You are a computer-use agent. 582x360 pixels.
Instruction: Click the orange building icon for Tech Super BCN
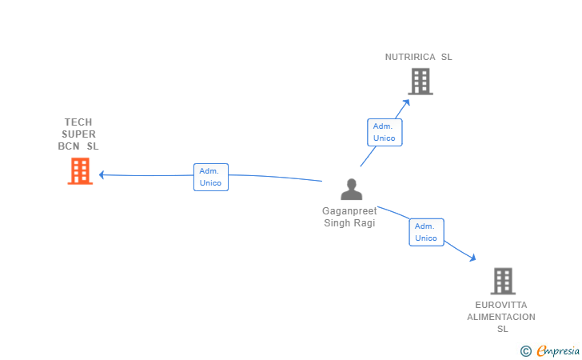point(80,171)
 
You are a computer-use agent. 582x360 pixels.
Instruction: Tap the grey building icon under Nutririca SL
point(421,82)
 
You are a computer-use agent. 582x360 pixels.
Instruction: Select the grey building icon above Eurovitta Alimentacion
point(502,281)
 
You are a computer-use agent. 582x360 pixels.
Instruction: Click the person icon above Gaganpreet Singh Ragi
point(351,190)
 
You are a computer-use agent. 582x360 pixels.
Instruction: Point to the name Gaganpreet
point(349,211)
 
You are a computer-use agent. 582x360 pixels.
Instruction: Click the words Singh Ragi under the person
point(349,223)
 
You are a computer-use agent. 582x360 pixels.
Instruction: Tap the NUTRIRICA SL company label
point(418,57)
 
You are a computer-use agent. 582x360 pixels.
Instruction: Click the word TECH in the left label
point(78,122)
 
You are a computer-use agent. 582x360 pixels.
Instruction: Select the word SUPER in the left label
point(78,134)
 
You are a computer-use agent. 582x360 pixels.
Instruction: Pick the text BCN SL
point(78,146)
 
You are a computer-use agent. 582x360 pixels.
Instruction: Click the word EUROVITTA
point(501,305)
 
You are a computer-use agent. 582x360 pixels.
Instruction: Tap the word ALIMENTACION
point(501,317)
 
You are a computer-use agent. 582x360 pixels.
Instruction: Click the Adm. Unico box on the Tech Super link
point(211,177)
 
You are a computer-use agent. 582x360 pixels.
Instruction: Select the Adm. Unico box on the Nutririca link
point(385,132)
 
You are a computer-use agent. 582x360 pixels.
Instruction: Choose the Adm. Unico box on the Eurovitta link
point(426,232)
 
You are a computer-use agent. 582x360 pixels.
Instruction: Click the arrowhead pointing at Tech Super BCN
point(102,174)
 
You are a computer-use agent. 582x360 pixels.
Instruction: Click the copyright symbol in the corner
point(525,350)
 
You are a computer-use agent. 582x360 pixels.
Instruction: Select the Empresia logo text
point(558,350)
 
